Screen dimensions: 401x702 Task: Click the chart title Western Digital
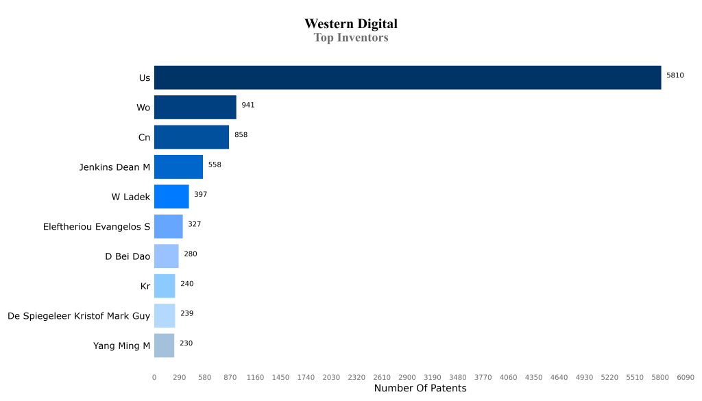pos(351,24)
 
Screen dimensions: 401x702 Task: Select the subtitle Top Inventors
pos(351,38)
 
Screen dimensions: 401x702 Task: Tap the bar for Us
pos(407,77)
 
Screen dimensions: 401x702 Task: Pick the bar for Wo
pos(195,108)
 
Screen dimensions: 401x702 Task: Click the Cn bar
pos(191,137)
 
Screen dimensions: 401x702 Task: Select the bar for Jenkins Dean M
pos(178,167)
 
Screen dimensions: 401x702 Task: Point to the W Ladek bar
pos(171,197)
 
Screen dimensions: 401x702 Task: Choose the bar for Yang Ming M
pos(164,345)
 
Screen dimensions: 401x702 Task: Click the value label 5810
pos(675,75)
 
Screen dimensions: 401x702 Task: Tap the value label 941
pos(248,105)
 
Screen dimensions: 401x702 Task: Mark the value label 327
pos(194,224)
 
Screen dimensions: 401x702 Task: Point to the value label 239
pos(186,313)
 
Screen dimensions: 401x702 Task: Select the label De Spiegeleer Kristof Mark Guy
pos(79,316)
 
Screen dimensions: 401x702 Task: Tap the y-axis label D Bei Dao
pos(128,256)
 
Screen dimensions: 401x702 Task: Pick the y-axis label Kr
pos(145,287)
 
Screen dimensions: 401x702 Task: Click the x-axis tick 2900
pos(407,377)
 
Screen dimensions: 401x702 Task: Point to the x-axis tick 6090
pos(686,377)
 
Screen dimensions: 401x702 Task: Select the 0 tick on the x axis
pos(154,377)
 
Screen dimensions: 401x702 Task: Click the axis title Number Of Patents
pos(420,389)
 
